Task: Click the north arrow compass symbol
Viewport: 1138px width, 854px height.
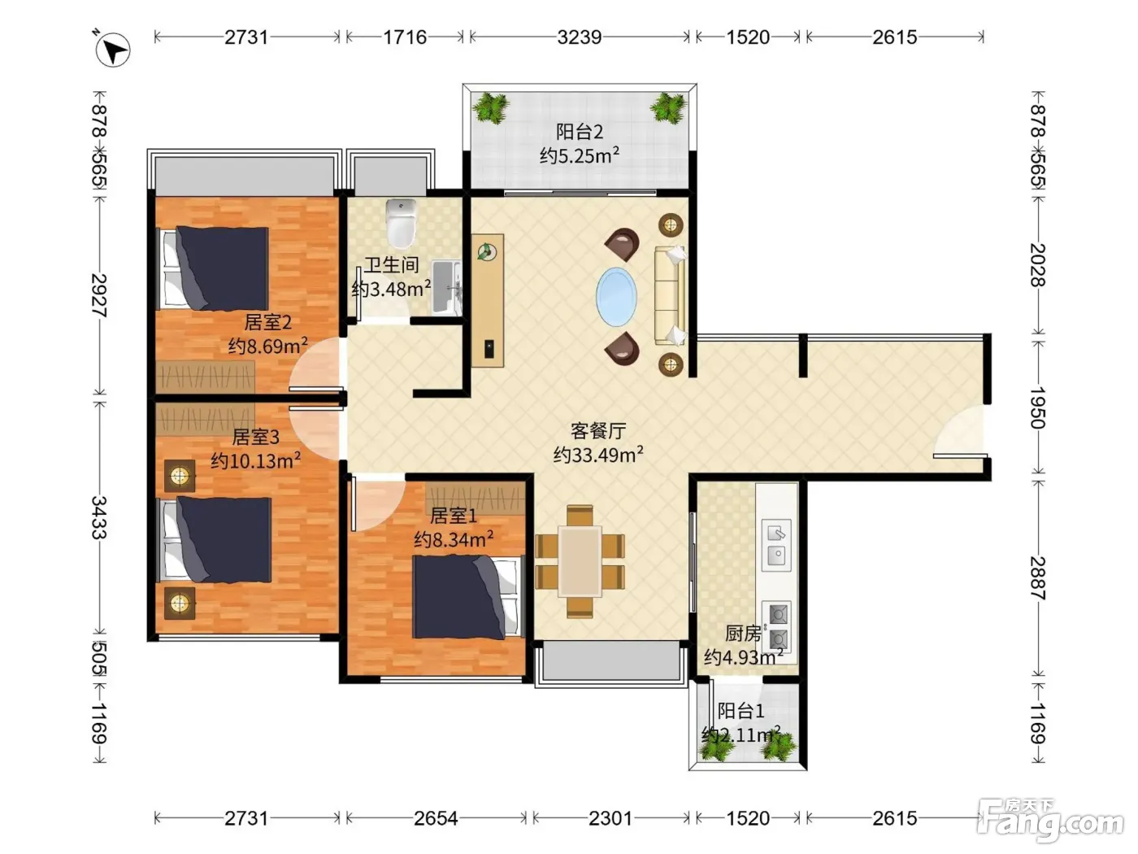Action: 112,50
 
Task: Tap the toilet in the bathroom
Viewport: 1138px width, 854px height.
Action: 402,224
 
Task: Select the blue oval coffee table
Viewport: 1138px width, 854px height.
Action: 616,297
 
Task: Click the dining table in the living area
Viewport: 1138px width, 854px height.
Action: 580,561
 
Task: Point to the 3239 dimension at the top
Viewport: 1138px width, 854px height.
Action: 579,37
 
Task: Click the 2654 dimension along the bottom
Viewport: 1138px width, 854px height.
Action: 436,818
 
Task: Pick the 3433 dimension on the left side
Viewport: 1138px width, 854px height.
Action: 99,517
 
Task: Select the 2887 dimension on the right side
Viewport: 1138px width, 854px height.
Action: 1037,578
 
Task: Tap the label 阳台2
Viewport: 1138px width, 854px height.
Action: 580,132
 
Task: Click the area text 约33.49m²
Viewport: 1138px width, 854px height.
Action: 598,455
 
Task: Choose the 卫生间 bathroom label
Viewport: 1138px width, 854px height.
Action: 391,265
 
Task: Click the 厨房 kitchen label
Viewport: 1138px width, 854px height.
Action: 743,633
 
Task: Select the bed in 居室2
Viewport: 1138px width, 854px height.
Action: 213,268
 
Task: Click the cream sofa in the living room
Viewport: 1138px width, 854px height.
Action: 670,295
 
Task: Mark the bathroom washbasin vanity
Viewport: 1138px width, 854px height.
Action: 446,288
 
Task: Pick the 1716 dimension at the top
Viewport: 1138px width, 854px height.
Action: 405,37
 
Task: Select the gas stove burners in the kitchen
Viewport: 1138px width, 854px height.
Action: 776,626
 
